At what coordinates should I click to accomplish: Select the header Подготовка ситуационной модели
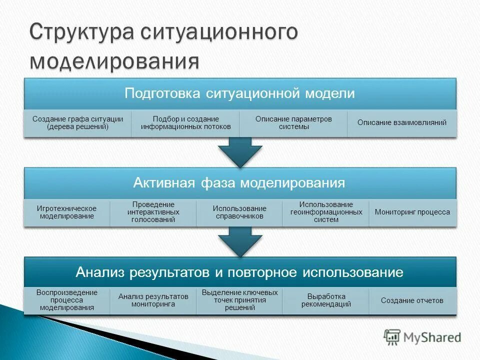coord(240,93)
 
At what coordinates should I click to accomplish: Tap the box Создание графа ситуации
coord(77,123)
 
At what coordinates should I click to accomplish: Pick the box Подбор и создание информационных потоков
coord(186,123)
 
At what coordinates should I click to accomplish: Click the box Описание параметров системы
coord(293,123)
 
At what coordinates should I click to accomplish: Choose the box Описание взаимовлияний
coord(402,123)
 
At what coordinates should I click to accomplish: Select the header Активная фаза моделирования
coord(240,182)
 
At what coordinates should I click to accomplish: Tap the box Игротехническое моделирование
coord(66,212)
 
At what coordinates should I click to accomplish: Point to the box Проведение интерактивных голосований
coord(153,212)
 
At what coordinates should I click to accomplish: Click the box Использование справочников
coord(239,212)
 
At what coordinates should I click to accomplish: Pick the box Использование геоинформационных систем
coord(326,212)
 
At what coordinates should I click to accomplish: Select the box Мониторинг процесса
coord(412,212)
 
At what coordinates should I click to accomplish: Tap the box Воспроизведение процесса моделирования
coord(66,300)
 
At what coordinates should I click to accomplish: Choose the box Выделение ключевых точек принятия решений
coord(239,300)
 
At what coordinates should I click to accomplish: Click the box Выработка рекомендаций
coord(326,300)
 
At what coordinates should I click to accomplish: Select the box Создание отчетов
coord(412,300)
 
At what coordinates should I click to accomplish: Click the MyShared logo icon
coord(392,337)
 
